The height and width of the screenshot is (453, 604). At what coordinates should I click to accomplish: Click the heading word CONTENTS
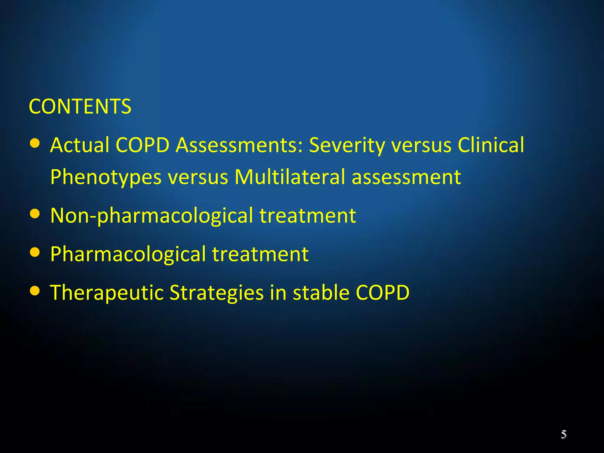(80, 106)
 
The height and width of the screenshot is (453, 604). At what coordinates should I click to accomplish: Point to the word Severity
(347, 146)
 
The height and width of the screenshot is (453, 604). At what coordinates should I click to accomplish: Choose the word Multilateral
(290, 177)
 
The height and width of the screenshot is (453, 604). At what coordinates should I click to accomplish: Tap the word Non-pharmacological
(152, 216)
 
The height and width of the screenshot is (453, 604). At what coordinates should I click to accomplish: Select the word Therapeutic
(106, 293)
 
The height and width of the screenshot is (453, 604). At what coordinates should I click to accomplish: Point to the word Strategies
(216, 293)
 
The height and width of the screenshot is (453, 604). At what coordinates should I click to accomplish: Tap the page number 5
(564, 434)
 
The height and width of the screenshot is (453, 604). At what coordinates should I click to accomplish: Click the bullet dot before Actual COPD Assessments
(35, 144)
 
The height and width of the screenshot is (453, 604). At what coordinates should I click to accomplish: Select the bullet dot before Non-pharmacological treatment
(35, 214)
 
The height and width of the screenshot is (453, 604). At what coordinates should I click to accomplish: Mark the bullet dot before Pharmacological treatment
(35, 252)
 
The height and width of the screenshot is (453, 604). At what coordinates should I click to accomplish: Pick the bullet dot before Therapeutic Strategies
(35, 291)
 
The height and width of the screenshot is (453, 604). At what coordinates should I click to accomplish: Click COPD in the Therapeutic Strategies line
(383, 293)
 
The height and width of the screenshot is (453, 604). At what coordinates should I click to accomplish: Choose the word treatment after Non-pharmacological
(308, 216)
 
